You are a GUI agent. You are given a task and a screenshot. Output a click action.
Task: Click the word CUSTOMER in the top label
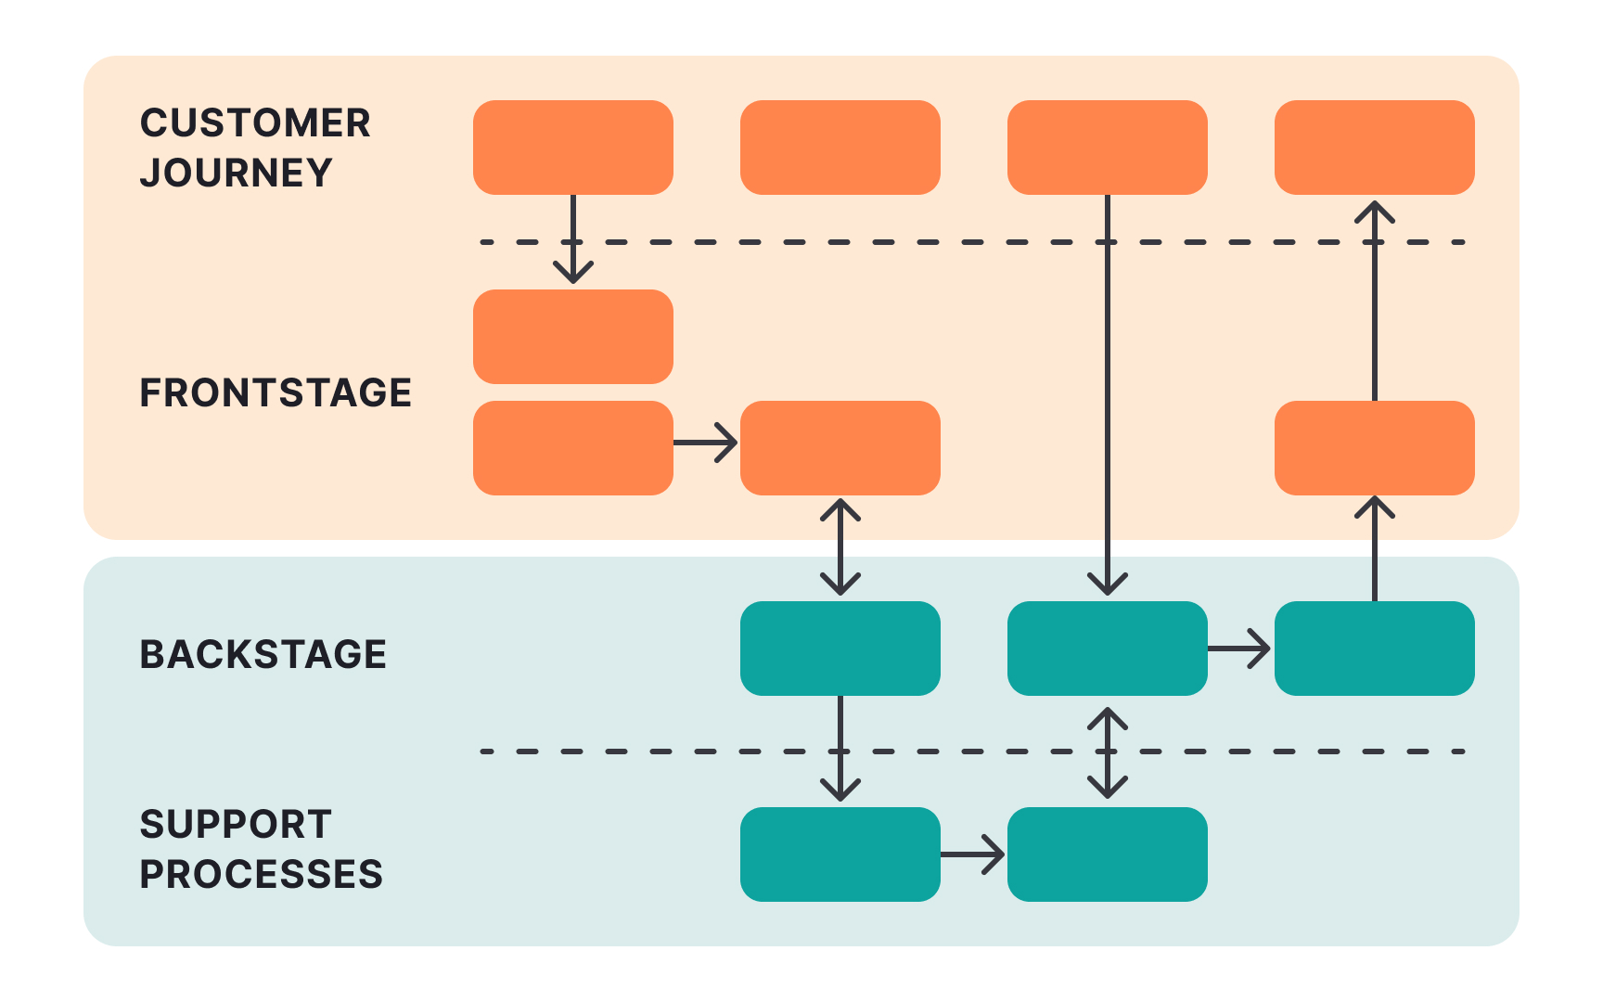pyautogui.click(x=255, y=123)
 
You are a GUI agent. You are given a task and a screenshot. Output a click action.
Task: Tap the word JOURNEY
pyautogui.click(x=236, y=173)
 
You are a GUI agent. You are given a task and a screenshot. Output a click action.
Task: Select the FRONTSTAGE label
pyautogui.click(x=276, y=393)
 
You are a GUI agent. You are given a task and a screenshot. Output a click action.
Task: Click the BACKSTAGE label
pyautogui.click(x=263, y=655)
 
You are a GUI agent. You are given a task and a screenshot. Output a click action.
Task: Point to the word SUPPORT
pyautogui.click(x=236, y=825)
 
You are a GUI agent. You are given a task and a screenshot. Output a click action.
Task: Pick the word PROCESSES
pyautogui.click(x=261, y=875)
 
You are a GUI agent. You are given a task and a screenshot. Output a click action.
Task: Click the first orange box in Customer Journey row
pyautogui.click(x=572, y=148)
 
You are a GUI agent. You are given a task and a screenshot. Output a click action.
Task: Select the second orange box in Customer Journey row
pyautogui.click(x=840, y=148)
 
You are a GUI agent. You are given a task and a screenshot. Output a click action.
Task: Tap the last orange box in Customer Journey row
pyautogui.click(x=1374, y=148)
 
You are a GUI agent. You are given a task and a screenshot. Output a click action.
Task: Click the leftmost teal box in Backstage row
pyautogui.click(x=840, y=649)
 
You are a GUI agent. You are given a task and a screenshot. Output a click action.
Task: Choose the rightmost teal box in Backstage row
pyautogui.click(x=1374, y=649)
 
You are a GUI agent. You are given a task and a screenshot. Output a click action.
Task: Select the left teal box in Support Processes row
pyautogui.click(x=840, y=854)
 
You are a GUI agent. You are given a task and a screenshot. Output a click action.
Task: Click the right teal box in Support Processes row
pyautogui.click(x=1107, y=854)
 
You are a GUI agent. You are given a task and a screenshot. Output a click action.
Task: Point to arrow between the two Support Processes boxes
pyautogui.click(x=973, y=854)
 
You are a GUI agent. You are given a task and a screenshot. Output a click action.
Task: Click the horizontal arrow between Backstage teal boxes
pyautogui.click(x=1240, y=649)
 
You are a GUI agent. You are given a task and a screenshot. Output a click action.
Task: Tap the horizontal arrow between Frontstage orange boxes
pyautogui.click(x=706, y=443)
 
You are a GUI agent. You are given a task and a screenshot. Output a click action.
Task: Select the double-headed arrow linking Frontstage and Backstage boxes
pyautogui.click(x=840, y=547)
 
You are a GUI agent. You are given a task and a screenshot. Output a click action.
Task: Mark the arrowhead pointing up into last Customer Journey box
pyautogui.click(x=1375, y=212)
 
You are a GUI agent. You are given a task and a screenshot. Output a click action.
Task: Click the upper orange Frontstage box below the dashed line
pyautogui.click(x=572, y=337)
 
